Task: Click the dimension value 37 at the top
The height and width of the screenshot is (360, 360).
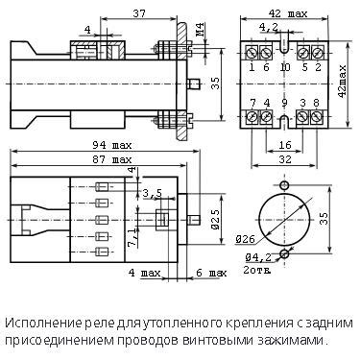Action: [x=141, y=13]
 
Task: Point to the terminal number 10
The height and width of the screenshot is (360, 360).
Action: [x=284, y=68]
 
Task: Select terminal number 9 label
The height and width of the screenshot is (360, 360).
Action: [x=284, y=103]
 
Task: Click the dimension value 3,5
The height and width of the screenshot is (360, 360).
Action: [x=152, y=193]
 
